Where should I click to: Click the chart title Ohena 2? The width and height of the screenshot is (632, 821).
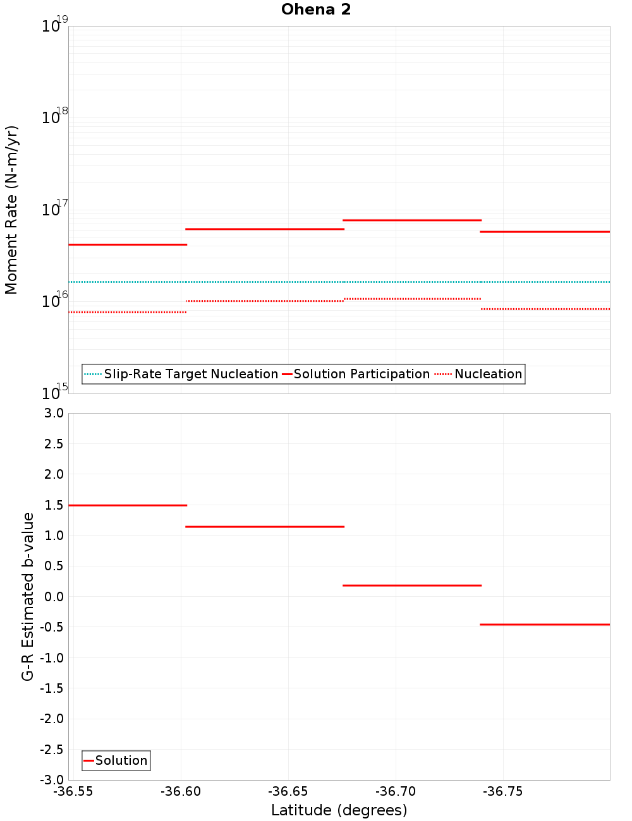coord(316,9)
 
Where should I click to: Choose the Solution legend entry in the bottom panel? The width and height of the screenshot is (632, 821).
coord(116,760)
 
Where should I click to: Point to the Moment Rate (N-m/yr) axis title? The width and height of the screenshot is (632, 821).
coord(11,210)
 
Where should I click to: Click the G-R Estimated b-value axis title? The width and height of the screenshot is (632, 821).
coord(28,596)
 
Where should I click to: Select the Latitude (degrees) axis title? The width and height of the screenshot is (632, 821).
coord(339,810)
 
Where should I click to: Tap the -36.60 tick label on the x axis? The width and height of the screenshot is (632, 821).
coord(181,792)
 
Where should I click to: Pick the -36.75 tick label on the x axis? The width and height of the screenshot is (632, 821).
coord(502,792)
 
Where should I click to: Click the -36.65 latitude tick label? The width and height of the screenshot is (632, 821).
coord(288,792)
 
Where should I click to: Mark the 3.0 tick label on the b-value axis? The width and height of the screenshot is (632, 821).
coord(54,413)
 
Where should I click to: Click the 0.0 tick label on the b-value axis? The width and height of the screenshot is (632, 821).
coord(54,597)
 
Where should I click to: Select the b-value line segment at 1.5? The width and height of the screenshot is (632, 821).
coord(127,505)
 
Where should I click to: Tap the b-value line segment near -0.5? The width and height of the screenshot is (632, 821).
coord(545,625)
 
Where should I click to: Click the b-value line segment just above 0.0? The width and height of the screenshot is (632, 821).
coord(411,585)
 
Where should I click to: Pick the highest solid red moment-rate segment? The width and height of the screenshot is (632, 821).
coord(411,220)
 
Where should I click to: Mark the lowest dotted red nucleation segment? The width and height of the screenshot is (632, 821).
coord(127,312)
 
